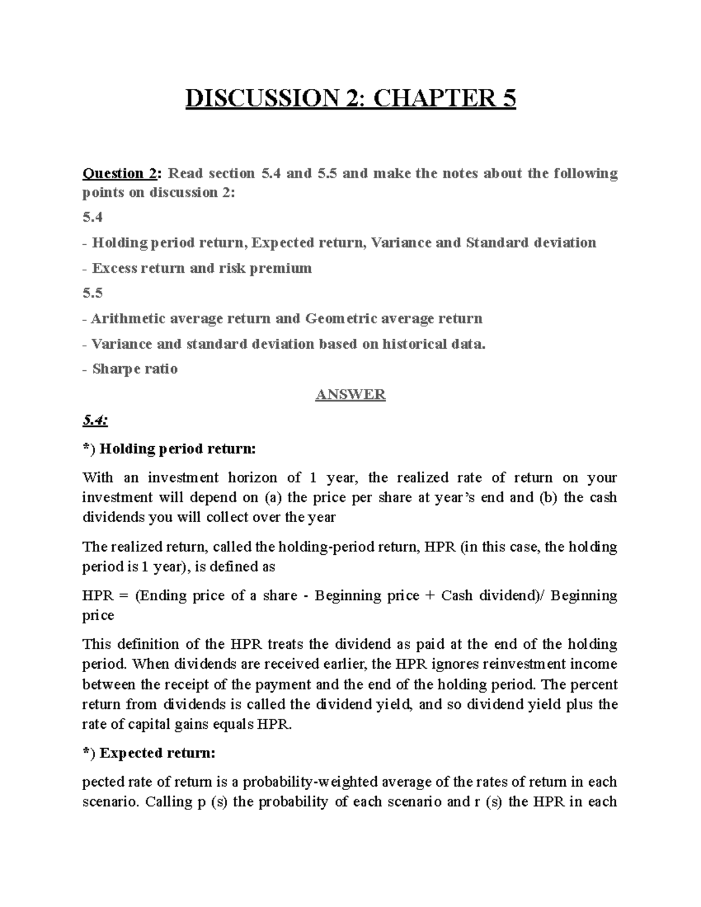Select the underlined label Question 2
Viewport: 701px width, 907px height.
(x=120, y=173)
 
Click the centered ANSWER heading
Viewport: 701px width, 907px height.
(x=350, y=395)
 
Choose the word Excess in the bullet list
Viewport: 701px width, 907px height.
(x=114, y=268)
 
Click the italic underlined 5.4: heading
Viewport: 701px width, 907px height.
(x=95, y=420)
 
